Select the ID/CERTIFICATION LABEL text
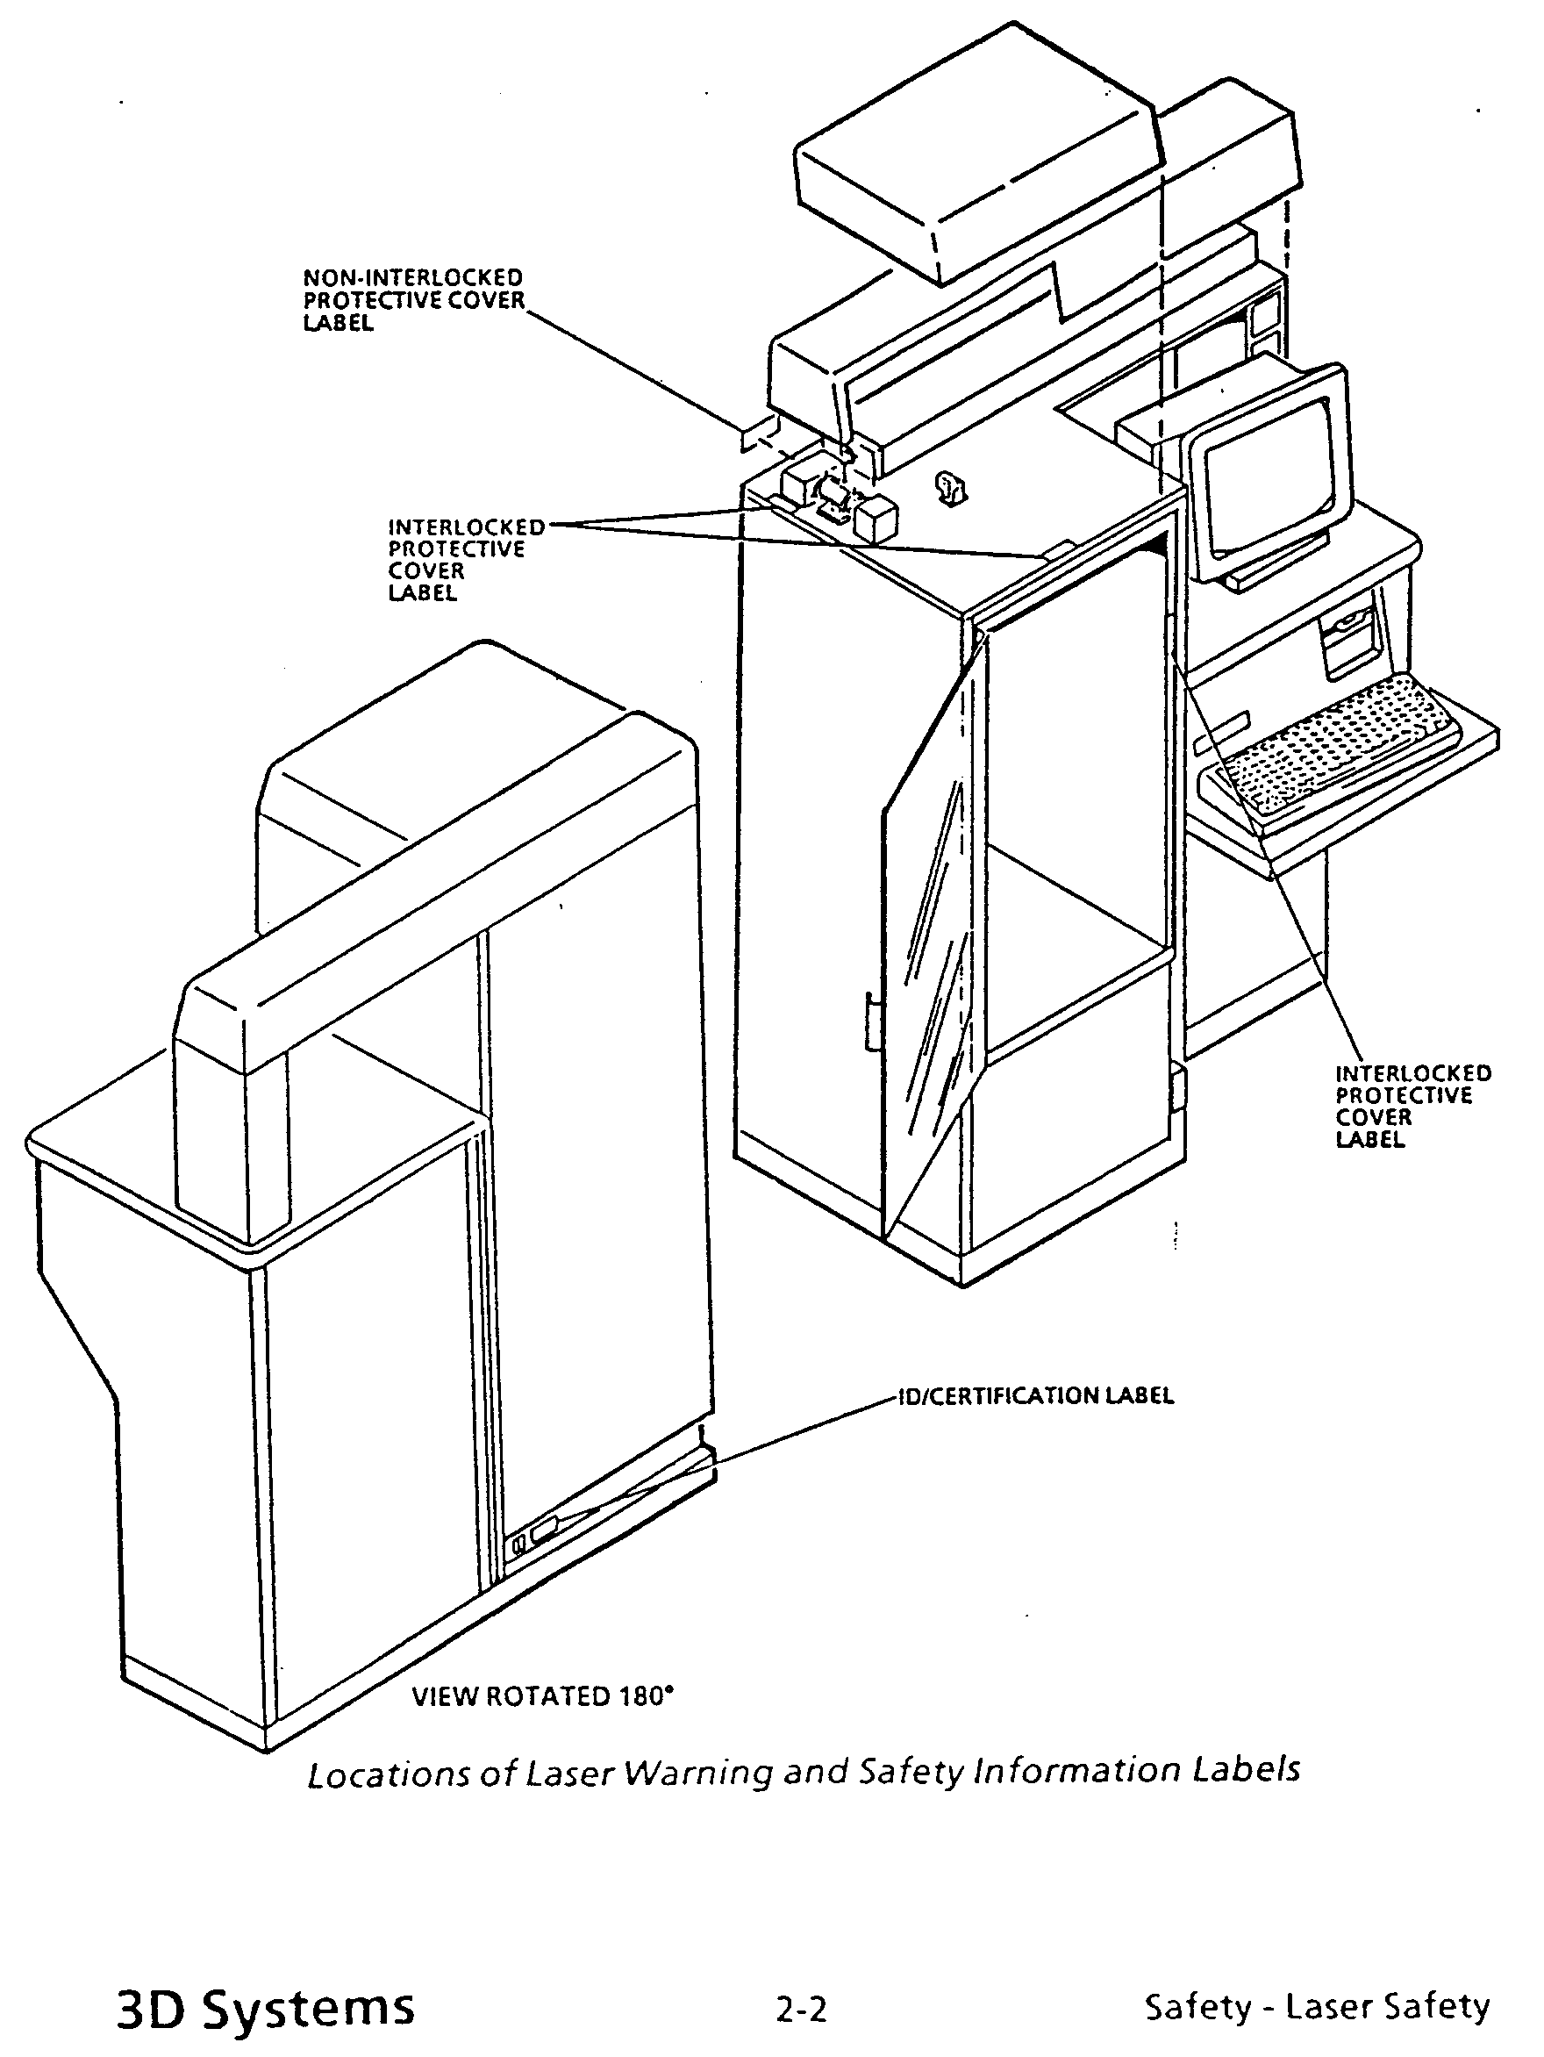[1035, 1422]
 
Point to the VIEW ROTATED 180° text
[543, 1696]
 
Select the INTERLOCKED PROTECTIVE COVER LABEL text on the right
[1413, 1106]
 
